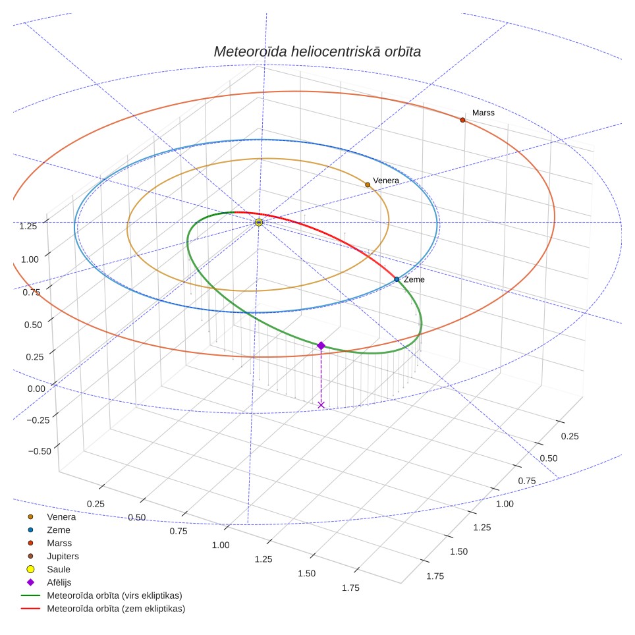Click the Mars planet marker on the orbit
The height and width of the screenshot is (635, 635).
462,120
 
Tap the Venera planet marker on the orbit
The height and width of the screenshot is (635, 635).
368,185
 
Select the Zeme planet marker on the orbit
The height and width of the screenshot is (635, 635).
397,279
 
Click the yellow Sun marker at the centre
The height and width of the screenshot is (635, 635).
259,223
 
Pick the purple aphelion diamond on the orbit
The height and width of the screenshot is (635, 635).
321,345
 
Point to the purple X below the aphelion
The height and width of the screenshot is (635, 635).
321,405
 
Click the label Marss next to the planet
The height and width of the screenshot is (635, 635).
483,113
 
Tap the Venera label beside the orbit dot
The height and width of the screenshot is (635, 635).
386,180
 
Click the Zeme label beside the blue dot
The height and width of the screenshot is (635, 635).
414,279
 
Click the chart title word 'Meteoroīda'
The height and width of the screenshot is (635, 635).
250,51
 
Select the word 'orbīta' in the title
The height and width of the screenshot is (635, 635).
402,51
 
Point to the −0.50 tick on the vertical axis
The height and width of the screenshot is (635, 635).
40,451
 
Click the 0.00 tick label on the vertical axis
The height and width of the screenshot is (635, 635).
36,389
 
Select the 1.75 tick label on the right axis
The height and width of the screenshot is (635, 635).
435,576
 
